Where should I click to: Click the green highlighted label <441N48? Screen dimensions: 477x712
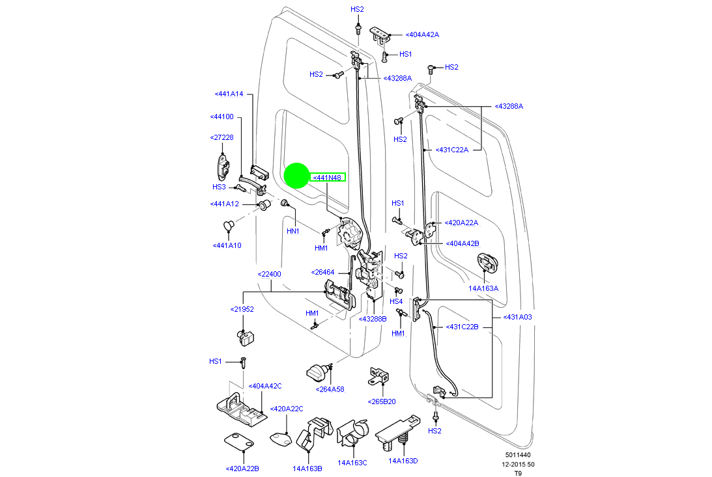click(328, 178)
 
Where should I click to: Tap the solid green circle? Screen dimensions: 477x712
click(297, 175)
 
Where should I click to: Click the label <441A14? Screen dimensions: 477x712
click(229, 94)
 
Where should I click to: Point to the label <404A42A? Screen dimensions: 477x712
click(422, 35)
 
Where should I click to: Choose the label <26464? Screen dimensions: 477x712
click(322, 272)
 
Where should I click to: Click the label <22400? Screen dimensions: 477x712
click(269, 274)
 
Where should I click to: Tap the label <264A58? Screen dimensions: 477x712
click(330, 389)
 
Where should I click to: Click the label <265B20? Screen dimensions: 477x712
click(382, 402)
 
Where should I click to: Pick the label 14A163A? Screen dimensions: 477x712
click(483, 288)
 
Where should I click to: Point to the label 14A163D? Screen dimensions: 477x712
click(403, 461)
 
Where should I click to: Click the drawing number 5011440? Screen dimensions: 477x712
click(517, 456)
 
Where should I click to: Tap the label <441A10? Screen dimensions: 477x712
click(227, 245)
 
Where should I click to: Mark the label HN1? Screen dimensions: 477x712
click(293, 231)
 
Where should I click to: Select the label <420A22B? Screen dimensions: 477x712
click(242, 468)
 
